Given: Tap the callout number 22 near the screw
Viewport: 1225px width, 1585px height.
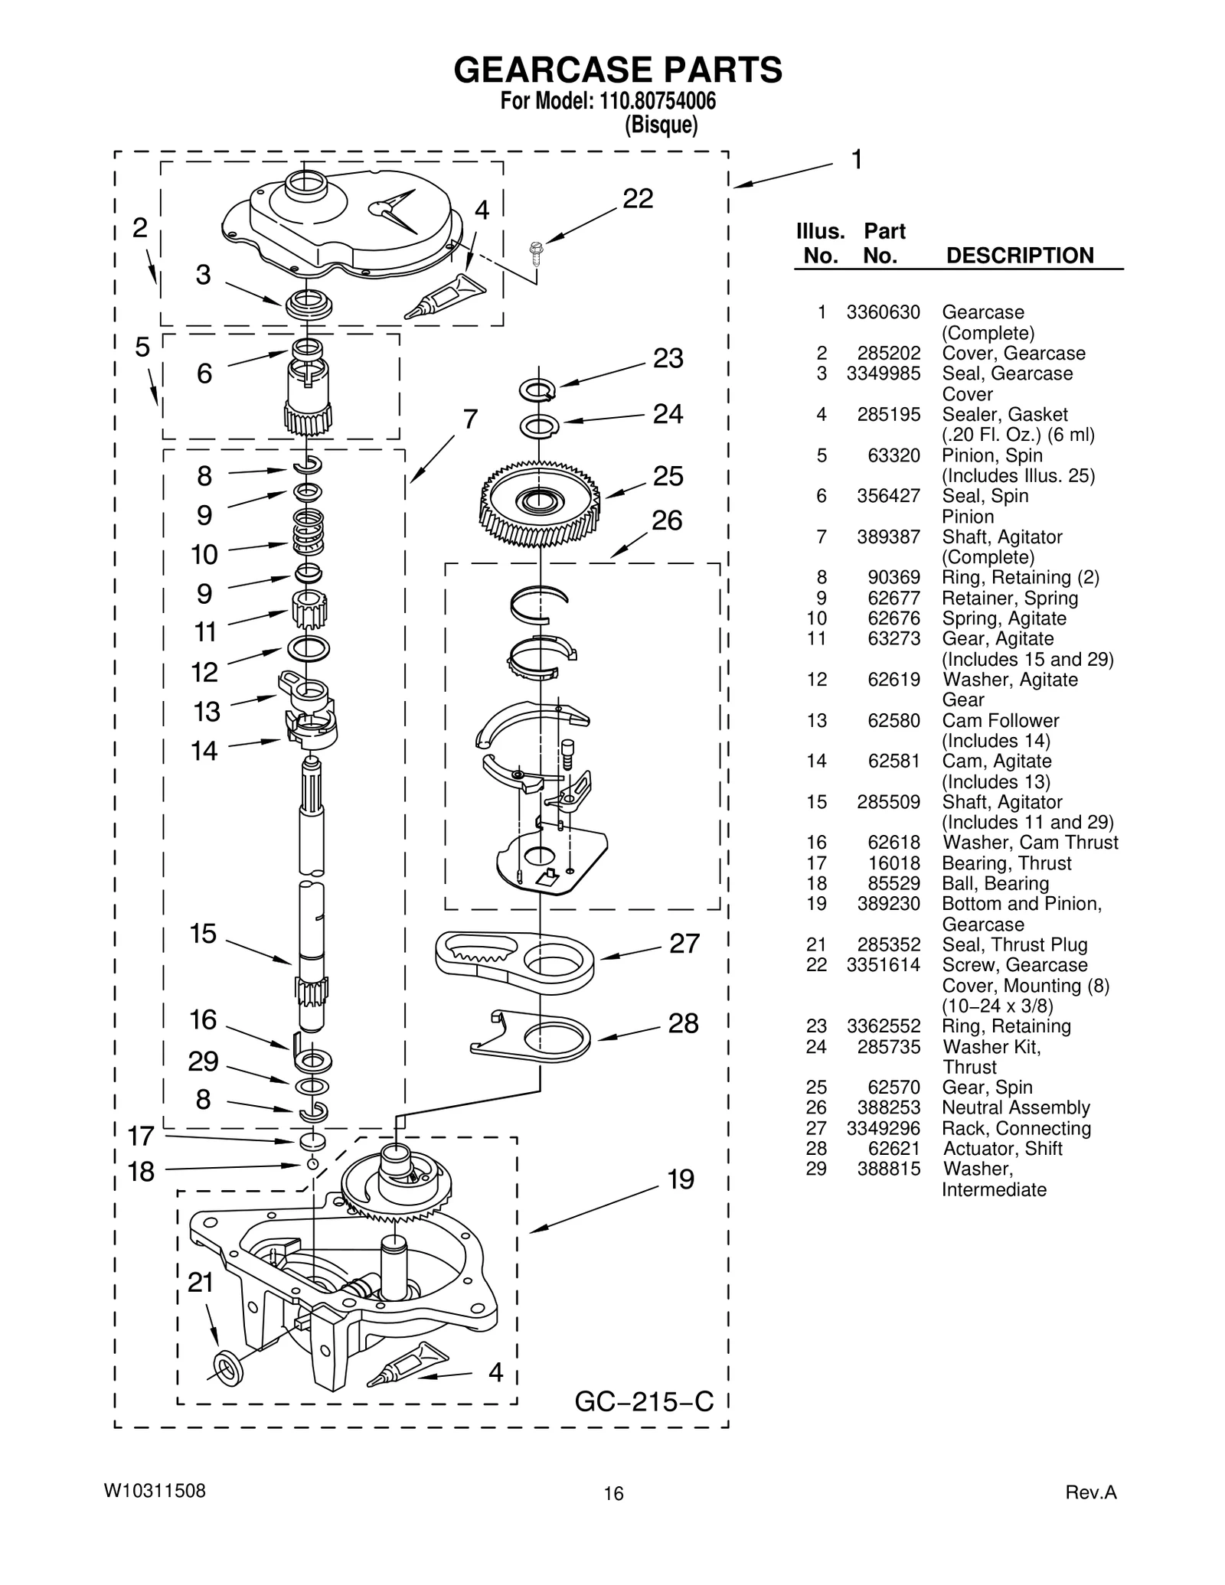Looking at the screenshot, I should tap(637, 199).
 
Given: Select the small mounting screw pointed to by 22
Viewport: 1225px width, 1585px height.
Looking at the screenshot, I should tap(536, 251).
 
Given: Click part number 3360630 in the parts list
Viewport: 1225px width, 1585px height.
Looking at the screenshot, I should tap(883, 312).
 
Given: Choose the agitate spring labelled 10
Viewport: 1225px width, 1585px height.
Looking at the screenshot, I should tap(308, 533).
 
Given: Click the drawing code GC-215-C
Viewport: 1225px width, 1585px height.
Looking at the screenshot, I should tap(643, 1401).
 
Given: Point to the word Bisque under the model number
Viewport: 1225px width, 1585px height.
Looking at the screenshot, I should tap(661, 125).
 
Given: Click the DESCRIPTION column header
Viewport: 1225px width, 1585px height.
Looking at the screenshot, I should tap(1019, 256).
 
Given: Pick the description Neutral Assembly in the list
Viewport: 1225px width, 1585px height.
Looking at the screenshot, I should tap(1015, 1107).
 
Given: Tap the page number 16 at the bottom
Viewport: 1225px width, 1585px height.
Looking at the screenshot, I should tap(613, 1493).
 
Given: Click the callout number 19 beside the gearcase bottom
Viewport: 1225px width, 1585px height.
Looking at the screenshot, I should tap(680, 1179).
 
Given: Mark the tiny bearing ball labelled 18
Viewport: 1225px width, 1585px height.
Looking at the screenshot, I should tap(312, 1164).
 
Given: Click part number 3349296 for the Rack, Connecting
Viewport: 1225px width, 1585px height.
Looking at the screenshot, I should tap(883, 1128).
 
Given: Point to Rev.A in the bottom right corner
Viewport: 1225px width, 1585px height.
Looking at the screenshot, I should tap(1091, 1492).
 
